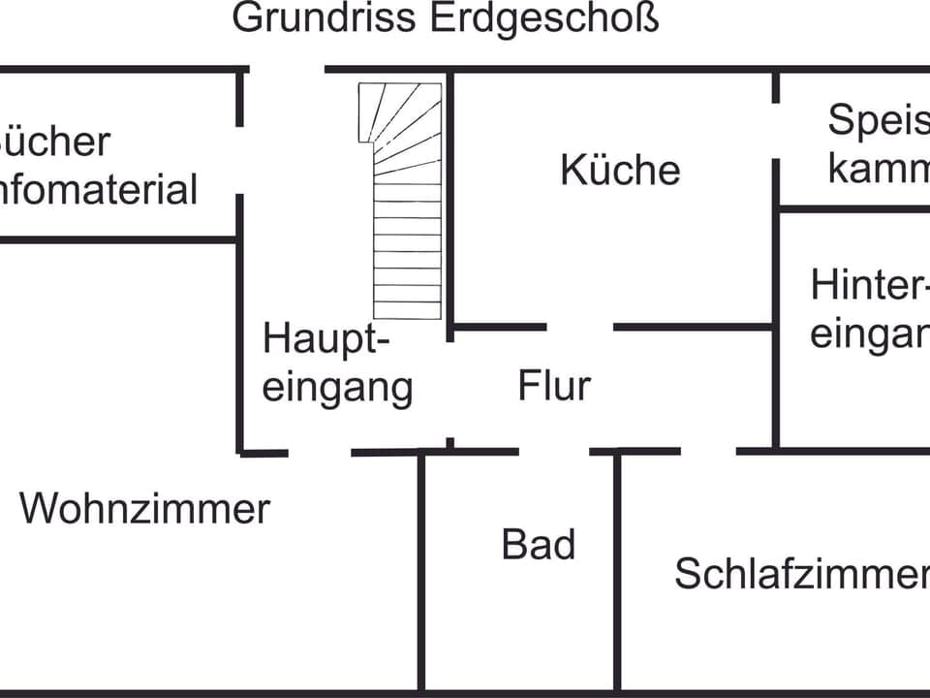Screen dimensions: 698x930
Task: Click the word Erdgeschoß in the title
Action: (543, 19)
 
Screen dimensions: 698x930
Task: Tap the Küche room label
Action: (620, 170)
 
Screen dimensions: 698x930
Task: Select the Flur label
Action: (554, 385)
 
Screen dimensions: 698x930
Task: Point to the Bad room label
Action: (539, 544)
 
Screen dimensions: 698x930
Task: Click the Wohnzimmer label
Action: (144, 508)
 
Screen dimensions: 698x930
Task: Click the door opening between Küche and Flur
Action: (580, 327)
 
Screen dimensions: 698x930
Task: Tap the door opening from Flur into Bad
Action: (554, 451)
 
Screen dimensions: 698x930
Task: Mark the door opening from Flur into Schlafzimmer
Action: (708, 451)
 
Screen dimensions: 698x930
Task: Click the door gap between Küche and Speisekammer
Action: (776, 131)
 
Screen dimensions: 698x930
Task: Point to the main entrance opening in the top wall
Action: (286, 70)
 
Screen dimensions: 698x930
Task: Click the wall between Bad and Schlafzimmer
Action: (616, 572)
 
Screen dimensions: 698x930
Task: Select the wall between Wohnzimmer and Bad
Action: (421, 572)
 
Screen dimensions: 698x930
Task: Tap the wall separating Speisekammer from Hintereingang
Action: (852, 207)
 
